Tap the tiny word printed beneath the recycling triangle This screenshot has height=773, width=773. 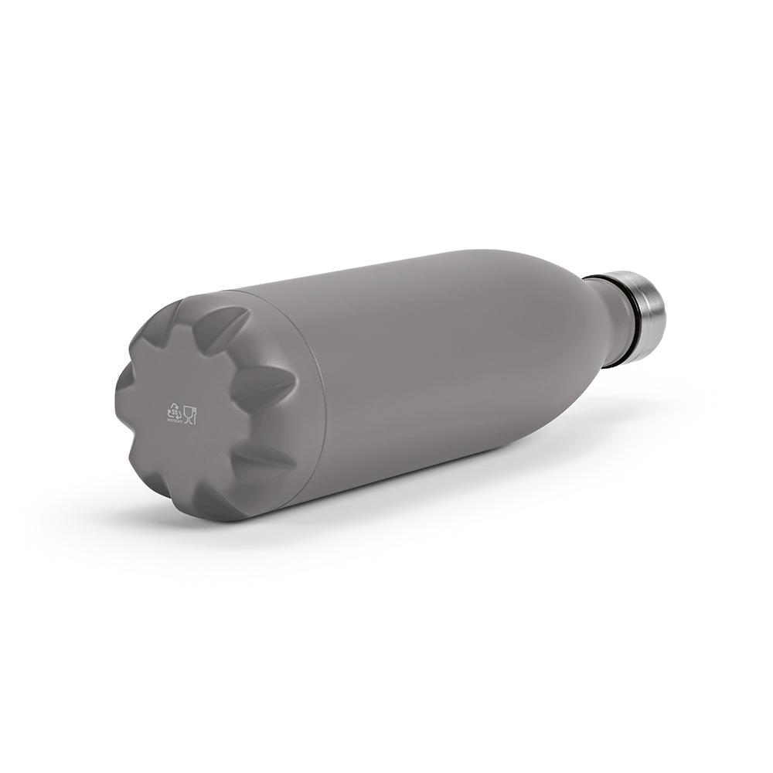click(x=173, y=421)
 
